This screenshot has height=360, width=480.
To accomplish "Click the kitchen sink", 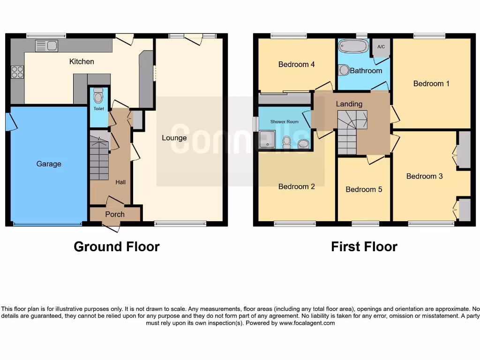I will [x=46, y=46].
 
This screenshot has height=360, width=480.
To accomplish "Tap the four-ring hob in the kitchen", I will [x=18, y=72].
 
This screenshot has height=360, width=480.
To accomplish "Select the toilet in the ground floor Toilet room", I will [x=98, y=97].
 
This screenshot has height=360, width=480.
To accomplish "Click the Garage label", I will [x=49, y=164].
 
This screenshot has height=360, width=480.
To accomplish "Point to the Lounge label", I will [x=174, y=138].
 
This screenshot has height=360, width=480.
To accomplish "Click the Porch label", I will [x=115, y=214].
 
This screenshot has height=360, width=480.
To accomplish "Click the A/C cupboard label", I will [x=381, y=47].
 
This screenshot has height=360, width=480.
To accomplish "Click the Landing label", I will [x=349, y=104].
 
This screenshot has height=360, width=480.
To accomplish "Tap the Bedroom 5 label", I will [x=364, y=189].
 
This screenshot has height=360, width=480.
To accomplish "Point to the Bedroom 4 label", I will [x=296, y=64].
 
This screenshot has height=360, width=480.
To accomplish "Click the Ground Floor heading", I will [x=117, y=247].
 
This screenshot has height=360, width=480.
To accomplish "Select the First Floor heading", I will [x=364, y=247].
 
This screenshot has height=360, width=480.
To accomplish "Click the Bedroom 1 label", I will [x=431, y=83].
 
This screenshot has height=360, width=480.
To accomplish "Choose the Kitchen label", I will [x=82, y=61].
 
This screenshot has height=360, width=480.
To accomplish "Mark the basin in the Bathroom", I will [x=344, y=70].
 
